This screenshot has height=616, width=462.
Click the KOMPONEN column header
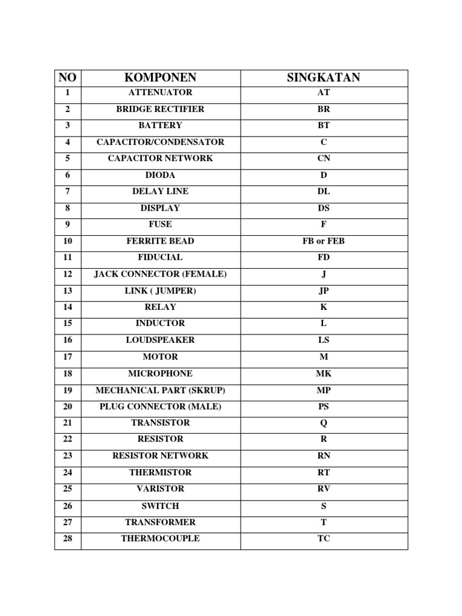[160, 78]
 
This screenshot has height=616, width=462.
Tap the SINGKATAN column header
[324, 78]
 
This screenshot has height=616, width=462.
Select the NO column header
[67, 78]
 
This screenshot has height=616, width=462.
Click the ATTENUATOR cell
[160, 93]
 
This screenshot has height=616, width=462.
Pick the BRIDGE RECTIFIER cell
[160, 109]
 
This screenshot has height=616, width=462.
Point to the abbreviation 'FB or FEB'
[324, 241]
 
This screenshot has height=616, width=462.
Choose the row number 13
[67, 291]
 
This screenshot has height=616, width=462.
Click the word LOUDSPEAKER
[160, 340]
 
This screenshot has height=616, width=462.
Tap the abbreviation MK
[324, 374]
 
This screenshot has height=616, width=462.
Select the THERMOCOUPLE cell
[160, 538]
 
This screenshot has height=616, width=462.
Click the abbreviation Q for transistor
[324, 423]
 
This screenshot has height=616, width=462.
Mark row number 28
[67, 538]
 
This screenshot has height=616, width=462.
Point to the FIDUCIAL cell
[160, 257]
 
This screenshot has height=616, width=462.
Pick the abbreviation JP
[324, 291]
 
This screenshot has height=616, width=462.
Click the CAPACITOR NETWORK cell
[160, 158]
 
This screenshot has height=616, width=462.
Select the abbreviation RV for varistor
[324, 489]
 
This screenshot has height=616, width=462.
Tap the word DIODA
[160, 175]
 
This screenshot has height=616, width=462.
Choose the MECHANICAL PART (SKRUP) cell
[160, 390]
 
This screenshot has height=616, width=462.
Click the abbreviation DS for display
[324, 208]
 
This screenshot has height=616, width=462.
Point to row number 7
[67, 191]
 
